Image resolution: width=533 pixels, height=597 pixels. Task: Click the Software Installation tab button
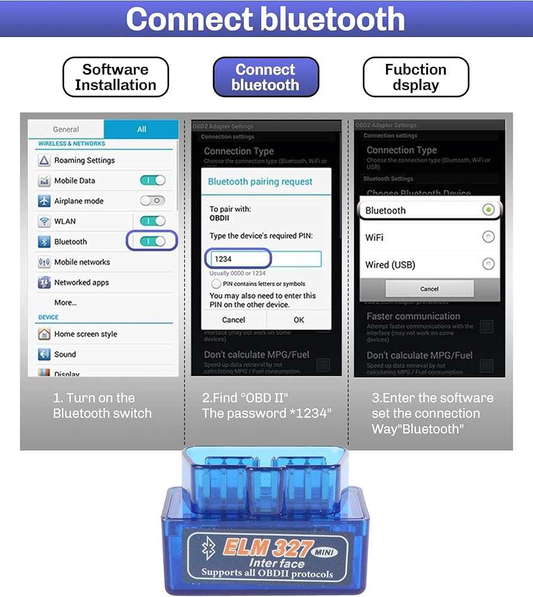[115, 77]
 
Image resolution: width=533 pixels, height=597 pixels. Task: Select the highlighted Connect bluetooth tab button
[265, 77]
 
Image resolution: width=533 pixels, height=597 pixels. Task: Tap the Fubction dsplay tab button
[415, 77]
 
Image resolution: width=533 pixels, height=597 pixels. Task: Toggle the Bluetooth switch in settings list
[152, 241]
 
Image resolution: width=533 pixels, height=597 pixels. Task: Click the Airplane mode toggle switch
[152, 201]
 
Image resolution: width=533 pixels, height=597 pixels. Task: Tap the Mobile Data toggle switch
[152, 180]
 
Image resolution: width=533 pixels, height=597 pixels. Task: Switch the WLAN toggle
[152, 221]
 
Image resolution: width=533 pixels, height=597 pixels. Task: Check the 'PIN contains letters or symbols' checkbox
[216, 284]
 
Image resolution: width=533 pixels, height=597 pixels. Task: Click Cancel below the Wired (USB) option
[429, 289]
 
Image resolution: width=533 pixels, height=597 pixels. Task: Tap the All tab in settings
[141, 129]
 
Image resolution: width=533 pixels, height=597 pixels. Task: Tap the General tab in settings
[66, 129]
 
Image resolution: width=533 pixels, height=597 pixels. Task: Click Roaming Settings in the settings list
[84, 160]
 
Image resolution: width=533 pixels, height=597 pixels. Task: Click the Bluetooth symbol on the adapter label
[207, 549]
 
